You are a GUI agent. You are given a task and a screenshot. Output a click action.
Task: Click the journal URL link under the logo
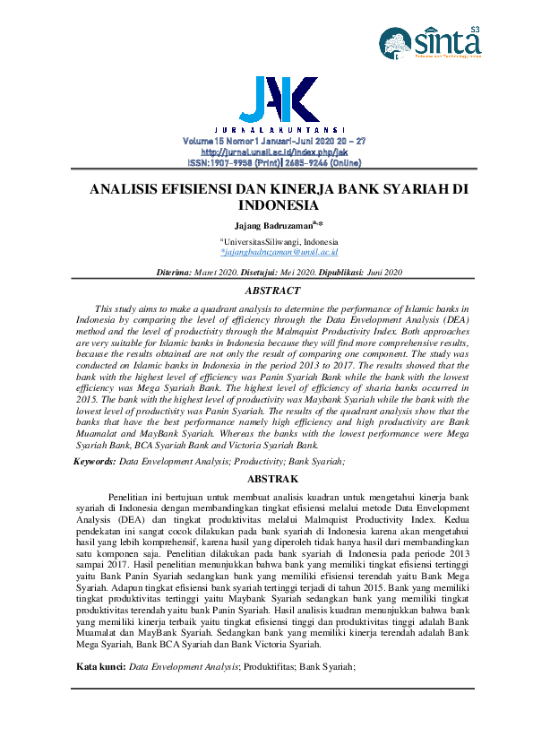(273, 152)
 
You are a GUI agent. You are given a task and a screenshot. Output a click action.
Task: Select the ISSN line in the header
(273, 163)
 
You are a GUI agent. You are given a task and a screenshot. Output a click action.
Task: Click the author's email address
(272, 254)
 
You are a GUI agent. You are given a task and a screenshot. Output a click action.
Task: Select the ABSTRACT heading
(272, 291)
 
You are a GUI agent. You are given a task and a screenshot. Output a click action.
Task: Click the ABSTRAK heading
(272, 479)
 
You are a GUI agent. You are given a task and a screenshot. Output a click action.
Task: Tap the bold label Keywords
(94, 460)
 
